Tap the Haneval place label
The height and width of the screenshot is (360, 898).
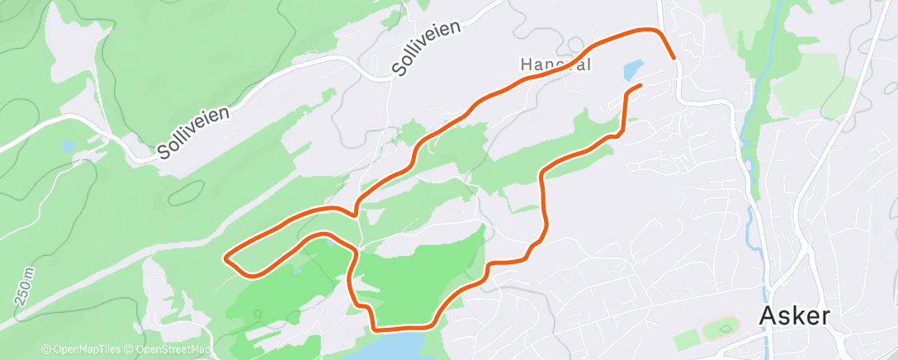558,64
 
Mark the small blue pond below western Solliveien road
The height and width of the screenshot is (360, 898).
68,146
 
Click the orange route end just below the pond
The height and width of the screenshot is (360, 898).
640,85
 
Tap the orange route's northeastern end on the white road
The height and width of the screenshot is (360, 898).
673,58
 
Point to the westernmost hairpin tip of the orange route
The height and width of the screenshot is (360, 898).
226,258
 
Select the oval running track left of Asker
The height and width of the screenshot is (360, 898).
720,329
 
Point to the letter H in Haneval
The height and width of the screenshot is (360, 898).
526,64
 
